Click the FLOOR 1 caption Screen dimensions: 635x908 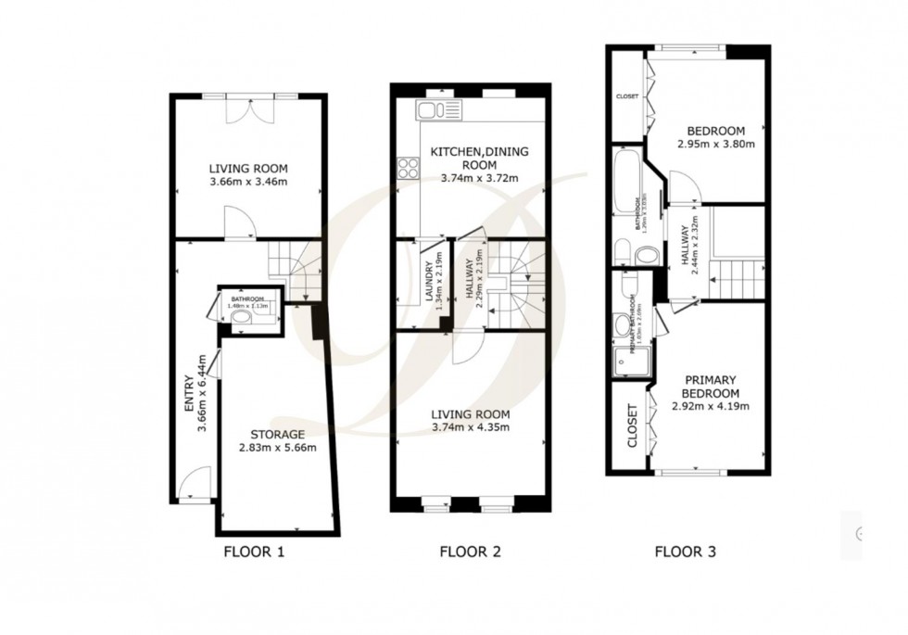pyautogui.click(x=254, y=553)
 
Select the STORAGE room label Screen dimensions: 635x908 pyautogui.click(x=278, y=434)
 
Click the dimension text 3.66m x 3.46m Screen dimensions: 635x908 pyautogui.click(x=248, y=182)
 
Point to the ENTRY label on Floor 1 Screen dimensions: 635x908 pyautogui.click(x=189, y=395)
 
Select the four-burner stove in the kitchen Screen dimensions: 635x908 pyautogui.click(x=408, y=168)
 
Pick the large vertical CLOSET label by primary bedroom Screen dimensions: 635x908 pyautogui.click(x=634, y=425)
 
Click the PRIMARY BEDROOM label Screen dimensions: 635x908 pyautogui.click(x=711, y=386)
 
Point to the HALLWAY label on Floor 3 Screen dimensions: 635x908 pyautogui.click(x=686, y=248)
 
